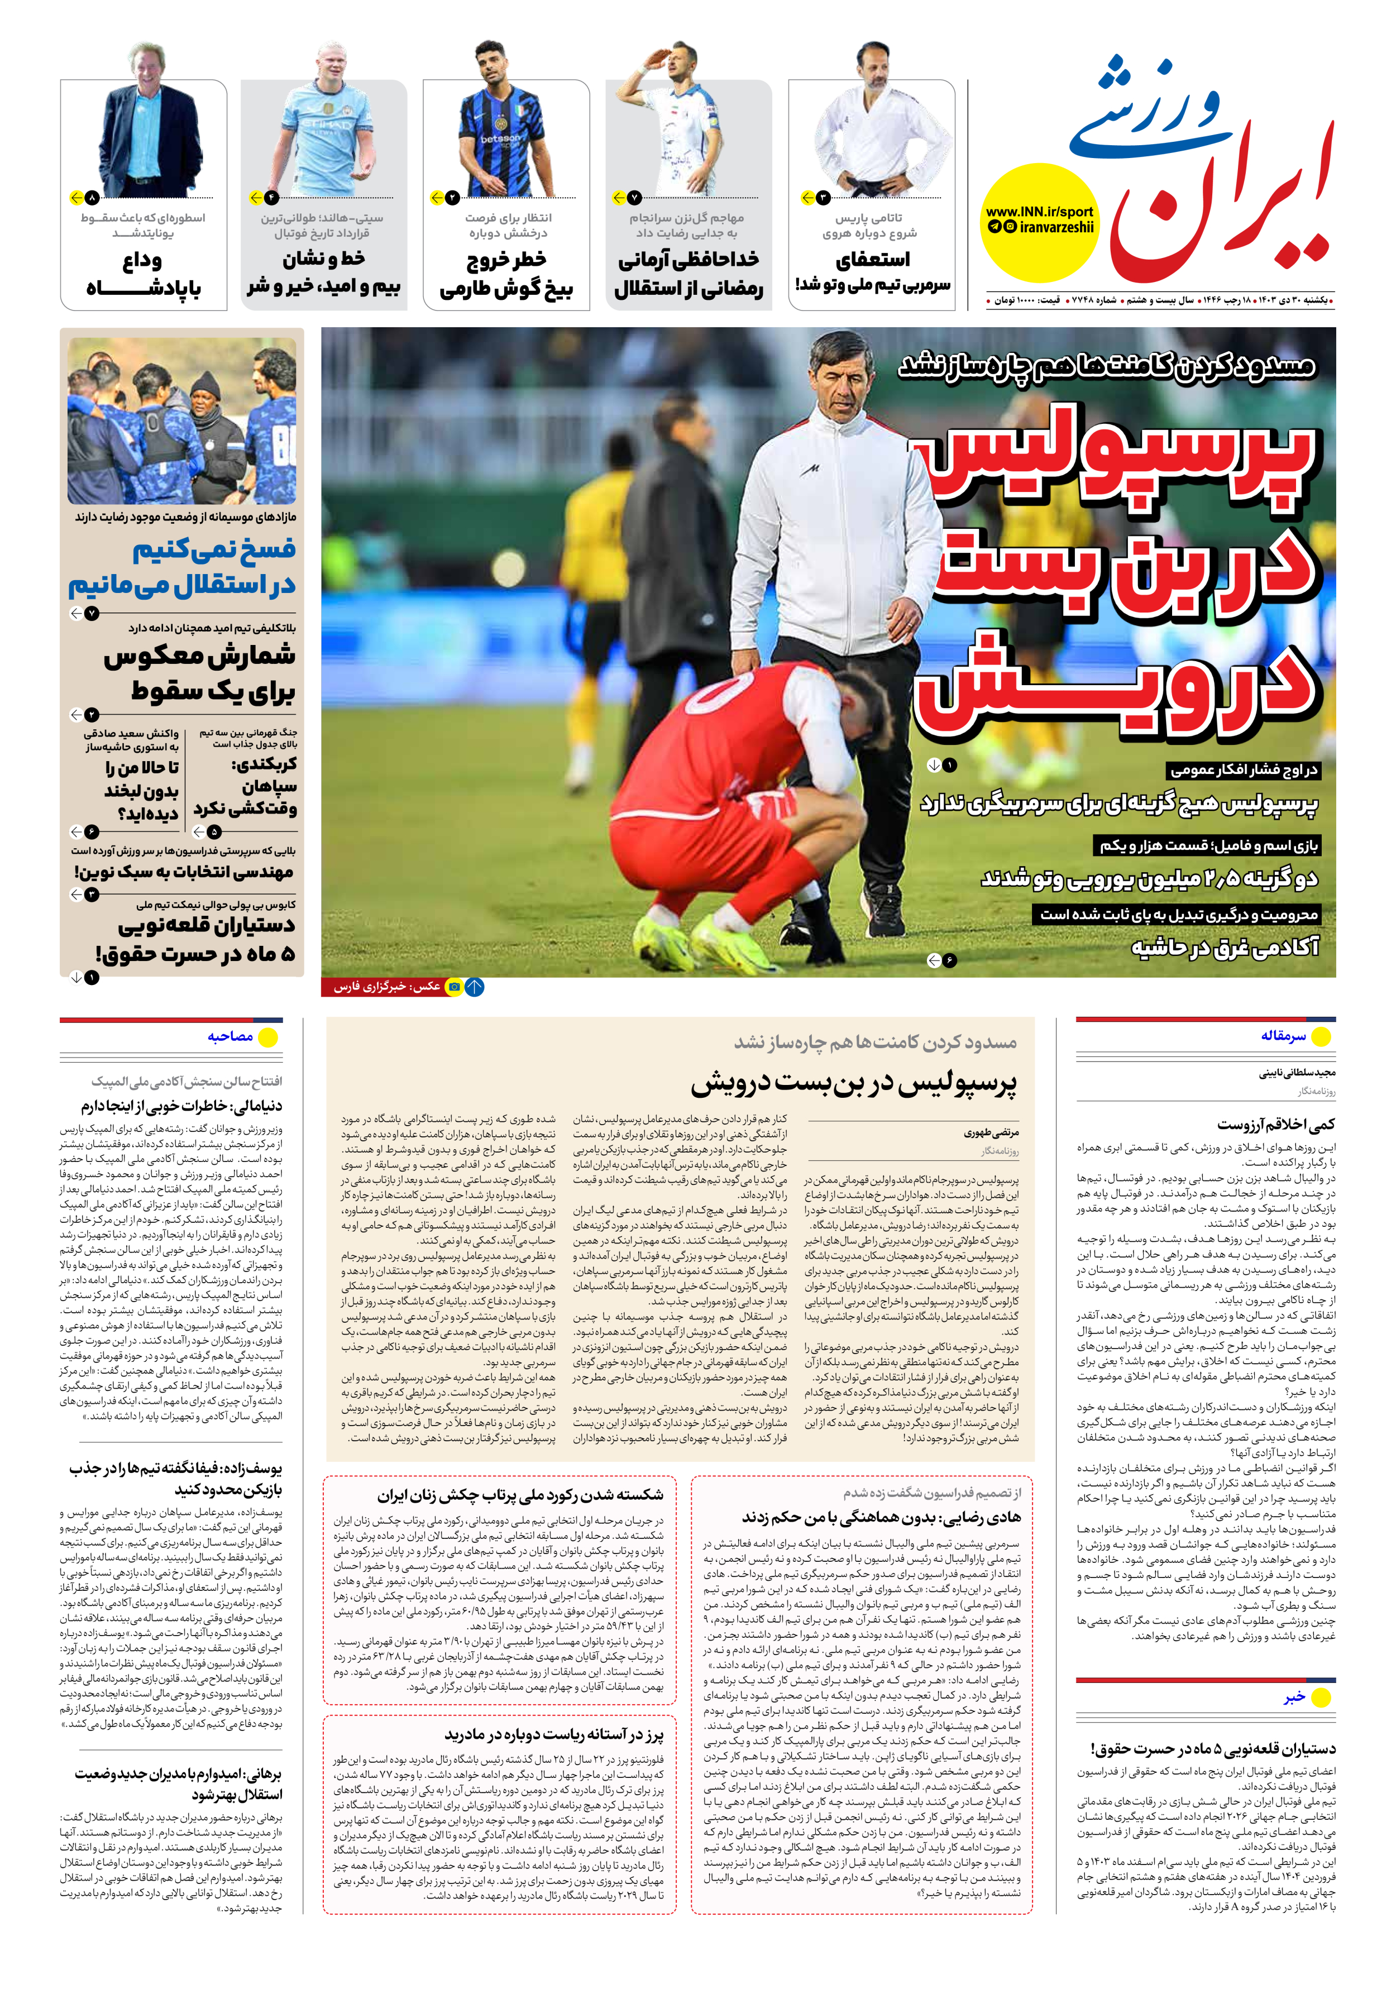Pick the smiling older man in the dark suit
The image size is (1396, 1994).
click(x=152, y=126)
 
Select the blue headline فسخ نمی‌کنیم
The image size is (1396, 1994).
click(x=213, y=550)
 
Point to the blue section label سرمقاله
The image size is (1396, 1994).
click(x=1283, y=1036)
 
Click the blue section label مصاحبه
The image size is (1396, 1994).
click(x=230, y=1036)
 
